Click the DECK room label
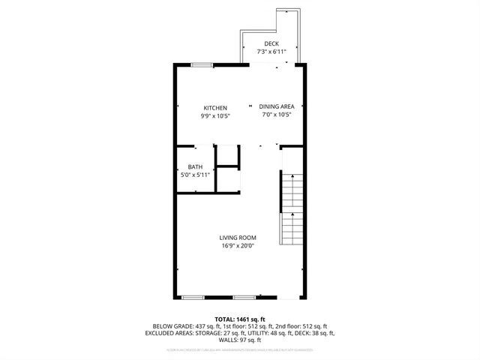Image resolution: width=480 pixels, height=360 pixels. point(271,44)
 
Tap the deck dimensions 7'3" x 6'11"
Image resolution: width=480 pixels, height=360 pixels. point(271,52)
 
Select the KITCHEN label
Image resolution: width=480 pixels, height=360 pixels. point(214,108)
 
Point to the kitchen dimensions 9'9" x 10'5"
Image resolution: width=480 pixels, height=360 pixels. point(214,115)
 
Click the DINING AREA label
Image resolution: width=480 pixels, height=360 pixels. point(276,106)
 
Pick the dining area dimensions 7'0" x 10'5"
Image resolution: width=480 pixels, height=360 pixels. point(276,115)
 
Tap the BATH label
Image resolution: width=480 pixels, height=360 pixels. point(195,166)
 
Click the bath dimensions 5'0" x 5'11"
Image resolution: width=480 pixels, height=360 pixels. point(195,175)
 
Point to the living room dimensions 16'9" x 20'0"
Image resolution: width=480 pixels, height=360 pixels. point(238,245)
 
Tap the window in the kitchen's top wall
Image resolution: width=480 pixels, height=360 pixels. point(201,65)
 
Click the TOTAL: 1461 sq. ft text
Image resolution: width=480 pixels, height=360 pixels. point(240,319)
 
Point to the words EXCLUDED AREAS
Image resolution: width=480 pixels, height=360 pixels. point(171,333)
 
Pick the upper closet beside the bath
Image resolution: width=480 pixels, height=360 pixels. point(227,154)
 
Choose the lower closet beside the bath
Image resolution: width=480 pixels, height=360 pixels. point(227,180)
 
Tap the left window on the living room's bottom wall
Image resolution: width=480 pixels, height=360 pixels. point(193,298)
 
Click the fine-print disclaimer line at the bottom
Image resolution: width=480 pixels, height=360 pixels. point(240,349)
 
